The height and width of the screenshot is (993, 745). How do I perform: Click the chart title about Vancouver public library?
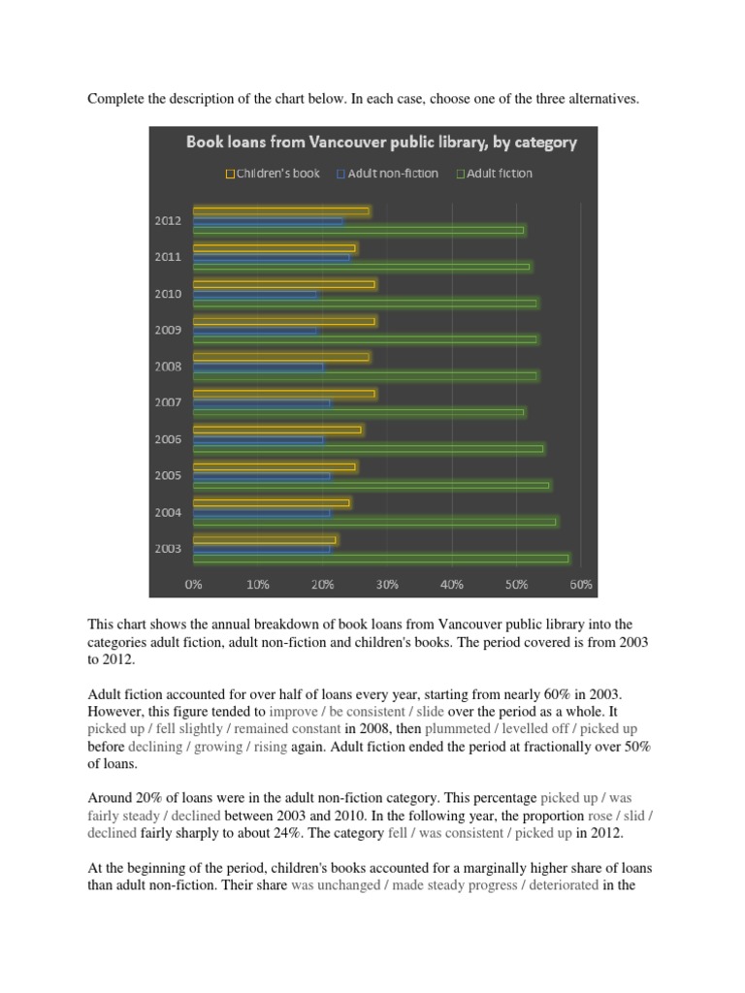click(x=381, y=143)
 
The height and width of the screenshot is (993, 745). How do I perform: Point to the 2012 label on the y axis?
click(x=168, y=220)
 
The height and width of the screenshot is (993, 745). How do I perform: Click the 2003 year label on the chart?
click(x=168, y=548)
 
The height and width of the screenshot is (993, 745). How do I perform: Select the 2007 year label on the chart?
click(x=168, y=402)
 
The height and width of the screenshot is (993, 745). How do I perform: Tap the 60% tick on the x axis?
click(x=581, y=585)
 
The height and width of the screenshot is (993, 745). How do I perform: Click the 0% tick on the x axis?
click(x=194, y=585)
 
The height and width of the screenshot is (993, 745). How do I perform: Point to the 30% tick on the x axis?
click(x=387, y=585)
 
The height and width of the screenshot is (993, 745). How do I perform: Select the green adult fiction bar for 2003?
click(x=381, y=559)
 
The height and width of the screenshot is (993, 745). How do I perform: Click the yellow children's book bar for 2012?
click(x=281, y=210)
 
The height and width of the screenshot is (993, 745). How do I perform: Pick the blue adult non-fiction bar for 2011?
click(x=272, y=257)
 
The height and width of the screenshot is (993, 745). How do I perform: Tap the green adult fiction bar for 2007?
click(x=359, y=413)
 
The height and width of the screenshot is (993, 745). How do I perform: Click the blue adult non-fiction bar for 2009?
click(x=255, y=330)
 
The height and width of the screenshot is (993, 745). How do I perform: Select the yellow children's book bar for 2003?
click(x=265, y=539)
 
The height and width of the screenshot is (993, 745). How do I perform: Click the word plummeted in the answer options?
click(x=459, y=727)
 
